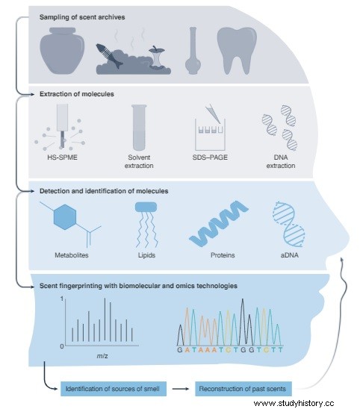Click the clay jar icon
point(62,51)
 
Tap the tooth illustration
point(237,50)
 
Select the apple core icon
point(156,57)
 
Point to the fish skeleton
point(109,56)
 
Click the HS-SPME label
point(63,157)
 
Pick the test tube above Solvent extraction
point(139,128)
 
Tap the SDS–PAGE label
point(210,157)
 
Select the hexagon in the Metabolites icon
point(65,217)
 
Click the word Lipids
point(146,255)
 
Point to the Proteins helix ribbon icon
point(219,223)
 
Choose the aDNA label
point(289,255)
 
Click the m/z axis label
point(102,356)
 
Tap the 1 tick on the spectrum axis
point(62,299)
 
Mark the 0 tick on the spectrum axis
point(62,346)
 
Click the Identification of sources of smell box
point(114,389)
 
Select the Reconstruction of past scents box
point(243,389)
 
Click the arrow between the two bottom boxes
point(181,389)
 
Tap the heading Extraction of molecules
point(77,94)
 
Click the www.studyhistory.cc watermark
point(294,403)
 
